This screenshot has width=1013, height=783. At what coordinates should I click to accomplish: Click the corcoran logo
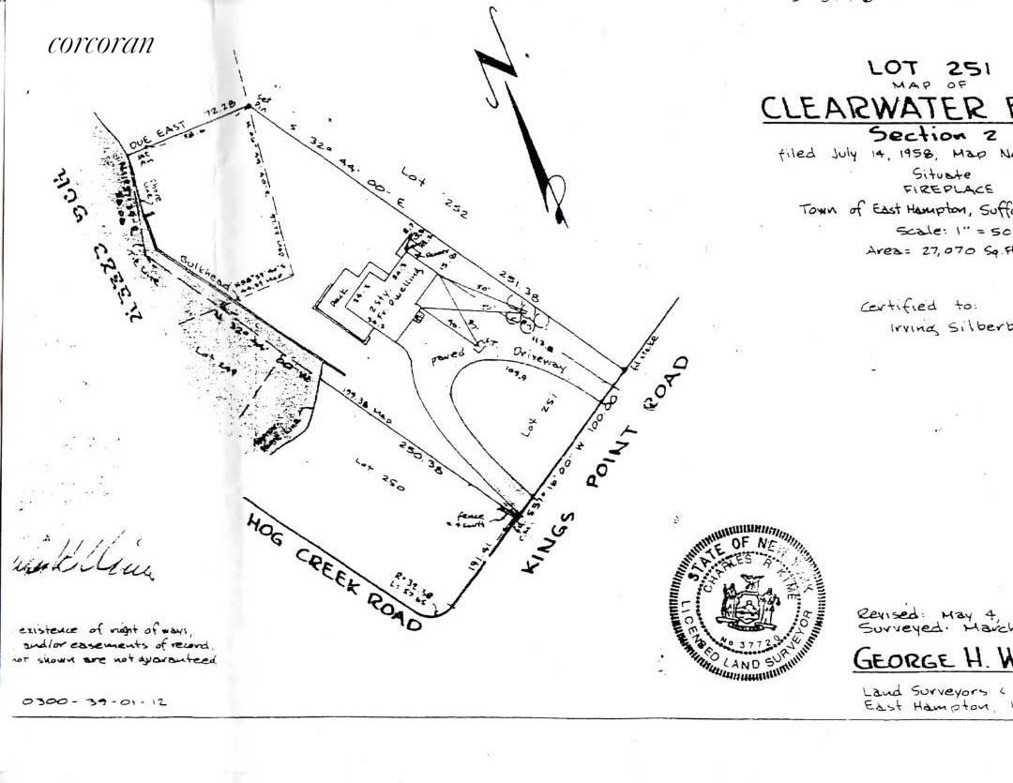coord(100,45)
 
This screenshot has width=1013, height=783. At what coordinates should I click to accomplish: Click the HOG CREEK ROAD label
coord(333,571)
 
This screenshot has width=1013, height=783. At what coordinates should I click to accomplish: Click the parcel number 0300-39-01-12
coord(95,700)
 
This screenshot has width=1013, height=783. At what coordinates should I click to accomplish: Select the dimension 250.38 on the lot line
coord(426,454)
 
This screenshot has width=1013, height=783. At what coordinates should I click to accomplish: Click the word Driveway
coord(537,357)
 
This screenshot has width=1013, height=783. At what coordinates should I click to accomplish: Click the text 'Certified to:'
coord(918,306)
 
